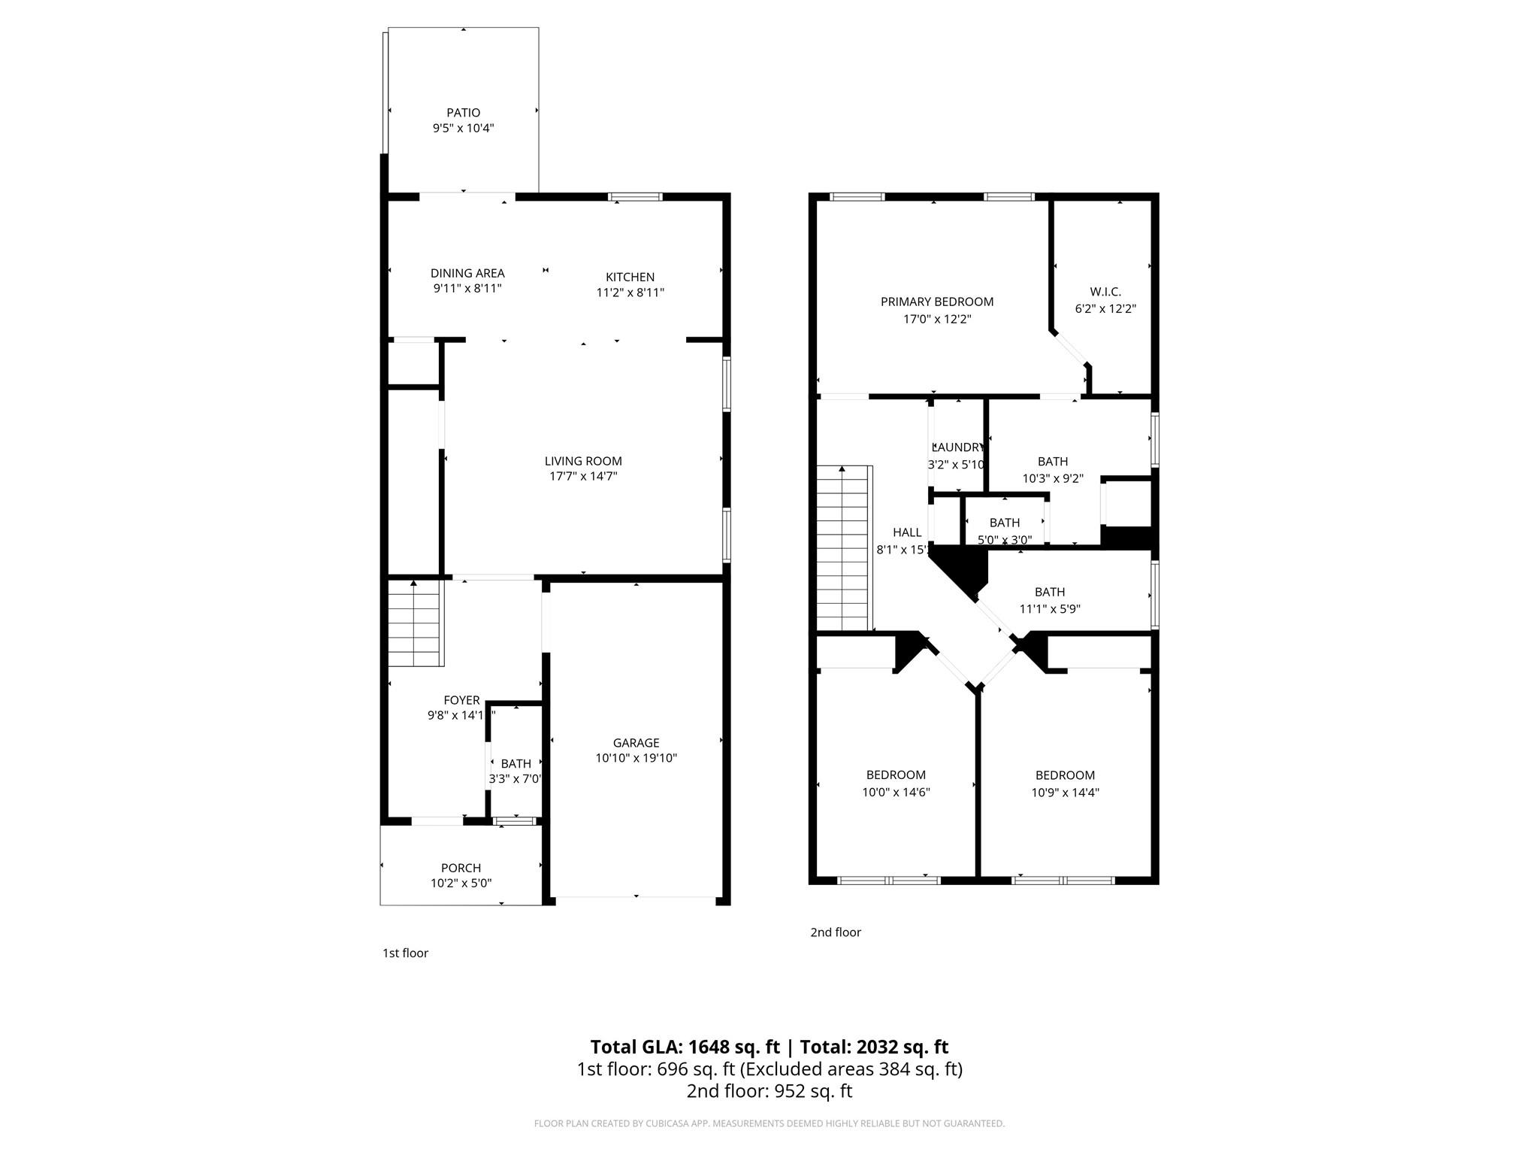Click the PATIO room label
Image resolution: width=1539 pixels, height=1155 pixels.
[463, 113]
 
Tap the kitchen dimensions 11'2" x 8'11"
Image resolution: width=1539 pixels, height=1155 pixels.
[630, 293]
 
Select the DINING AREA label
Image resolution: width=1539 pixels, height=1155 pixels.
[467, 273]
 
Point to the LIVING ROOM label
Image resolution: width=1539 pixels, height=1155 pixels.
[583, 461]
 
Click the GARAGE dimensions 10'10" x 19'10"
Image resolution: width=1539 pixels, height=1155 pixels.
[636, 758]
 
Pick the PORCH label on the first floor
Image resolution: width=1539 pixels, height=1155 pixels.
[461, 868]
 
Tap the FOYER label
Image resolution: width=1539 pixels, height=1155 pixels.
[461, 700]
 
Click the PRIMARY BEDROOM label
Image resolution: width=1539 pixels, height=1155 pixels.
[936, 302]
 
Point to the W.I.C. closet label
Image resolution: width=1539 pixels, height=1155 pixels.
[1105, 292]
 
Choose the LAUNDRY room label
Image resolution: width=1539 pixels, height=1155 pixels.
[957, 447]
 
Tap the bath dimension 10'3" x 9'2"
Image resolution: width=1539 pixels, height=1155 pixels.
[1052, 478]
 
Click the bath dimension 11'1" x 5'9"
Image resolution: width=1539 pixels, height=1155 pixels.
[1049, 609]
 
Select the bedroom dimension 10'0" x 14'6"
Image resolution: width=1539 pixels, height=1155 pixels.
[896, 792]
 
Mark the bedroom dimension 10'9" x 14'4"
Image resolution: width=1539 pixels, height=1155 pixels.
[1065, 792]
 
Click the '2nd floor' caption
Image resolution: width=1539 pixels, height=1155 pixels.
[835, 932]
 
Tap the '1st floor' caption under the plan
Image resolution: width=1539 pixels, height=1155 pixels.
[405, 953]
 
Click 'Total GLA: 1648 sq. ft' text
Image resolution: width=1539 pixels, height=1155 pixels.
[685, 1047]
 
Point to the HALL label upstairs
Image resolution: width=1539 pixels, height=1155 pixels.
[906, 532]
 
